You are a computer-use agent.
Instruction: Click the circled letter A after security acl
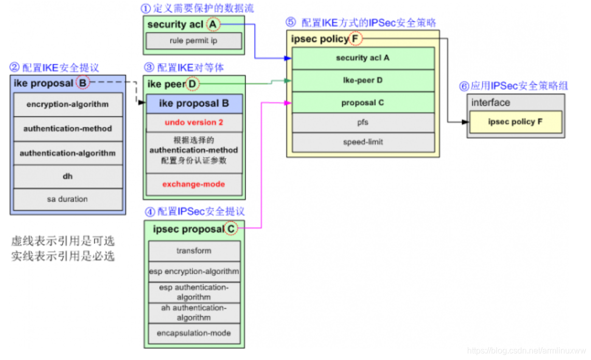(x=213, y=24)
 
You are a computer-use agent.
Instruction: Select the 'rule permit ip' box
(x=193, y=41)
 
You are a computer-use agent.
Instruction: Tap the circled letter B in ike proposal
(x=83, y=83)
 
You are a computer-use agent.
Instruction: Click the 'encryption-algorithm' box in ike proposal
(x=67, y=104)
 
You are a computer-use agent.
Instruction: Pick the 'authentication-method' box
(x=67, y=128)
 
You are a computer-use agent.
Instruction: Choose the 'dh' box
(x=67, y=176)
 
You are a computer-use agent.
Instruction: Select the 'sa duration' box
(x=67, y=199)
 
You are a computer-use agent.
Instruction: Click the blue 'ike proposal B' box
(x=194, y=104)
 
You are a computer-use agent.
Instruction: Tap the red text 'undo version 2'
(x=194, y=123)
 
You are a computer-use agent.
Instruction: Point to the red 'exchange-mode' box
(x=194, y=184)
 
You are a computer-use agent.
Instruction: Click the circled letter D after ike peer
(x=192, y=83)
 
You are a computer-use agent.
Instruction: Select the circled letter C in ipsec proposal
(x=231, y=228)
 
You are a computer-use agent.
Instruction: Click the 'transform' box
(x=194, y=251)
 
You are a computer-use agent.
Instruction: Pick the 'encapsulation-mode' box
(x=194, y=333)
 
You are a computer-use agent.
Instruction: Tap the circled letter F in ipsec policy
(x=355, y=39)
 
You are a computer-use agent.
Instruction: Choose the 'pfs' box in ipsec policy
(x=362, y=123)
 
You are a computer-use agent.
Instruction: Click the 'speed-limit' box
(x=362, y=142)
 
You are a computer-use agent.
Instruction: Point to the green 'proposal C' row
(x=362, y=103)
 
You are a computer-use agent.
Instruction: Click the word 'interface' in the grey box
(x=490, y=103)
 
